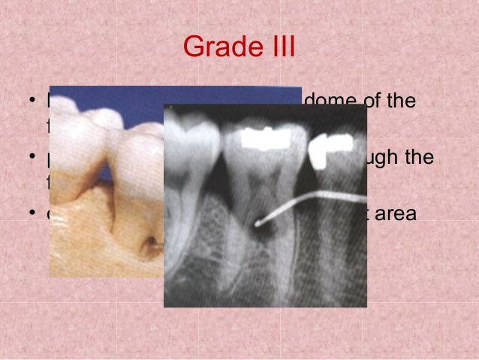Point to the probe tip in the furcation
point(257,222)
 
